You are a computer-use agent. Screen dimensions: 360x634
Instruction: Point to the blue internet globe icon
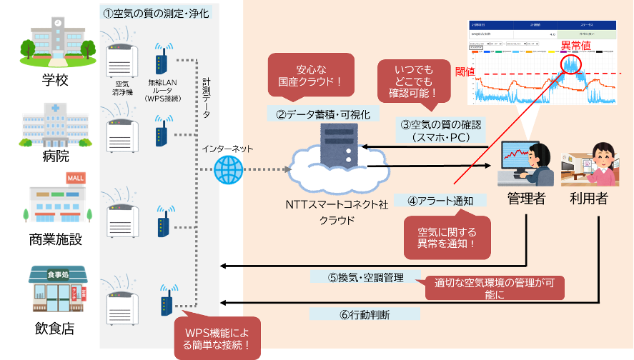229,170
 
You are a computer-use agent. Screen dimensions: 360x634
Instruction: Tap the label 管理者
526,199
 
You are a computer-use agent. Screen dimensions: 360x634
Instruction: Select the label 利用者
588,199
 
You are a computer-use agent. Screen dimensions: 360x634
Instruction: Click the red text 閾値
465,72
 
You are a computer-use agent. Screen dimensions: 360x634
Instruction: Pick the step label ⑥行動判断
364,314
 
